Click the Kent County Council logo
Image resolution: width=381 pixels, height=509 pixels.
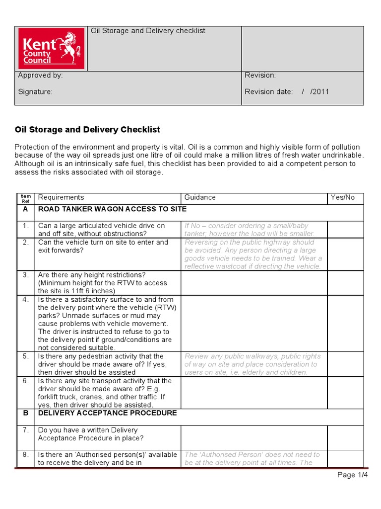coord(52,48)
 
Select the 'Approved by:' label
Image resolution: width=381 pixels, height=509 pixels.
coord(40,76)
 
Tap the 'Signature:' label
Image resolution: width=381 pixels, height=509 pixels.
coord(35,91)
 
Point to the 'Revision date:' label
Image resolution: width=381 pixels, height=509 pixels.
coord(269,91)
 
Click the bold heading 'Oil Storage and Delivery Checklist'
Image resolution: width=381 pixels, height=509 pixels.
coord(88,130)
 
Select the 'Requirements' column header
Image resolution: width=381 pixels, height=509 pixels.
coord(61,197)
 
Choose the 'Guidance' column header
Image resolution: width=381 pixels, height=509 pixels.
coord(200,197)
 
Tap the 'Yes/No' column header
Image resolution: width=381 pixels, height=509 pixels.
coord(343,197)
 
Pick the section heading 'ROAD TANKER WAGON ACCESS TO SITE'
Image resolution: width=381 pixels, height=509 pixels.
coord(112,209)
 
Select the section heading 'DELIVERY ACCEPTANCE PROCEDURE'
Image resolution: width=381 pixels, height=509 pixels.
coord(107,413)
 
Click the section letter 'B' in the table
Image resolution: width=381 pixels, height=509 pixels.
coord(25,413)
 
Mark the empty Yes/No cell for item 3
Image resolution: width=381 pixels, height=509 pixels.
coord(345,283)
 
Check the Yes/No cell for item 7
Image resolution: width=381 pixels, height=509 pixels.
coord(345,437)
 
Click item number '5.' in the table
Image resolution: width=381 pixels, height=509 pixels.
coord(25,356)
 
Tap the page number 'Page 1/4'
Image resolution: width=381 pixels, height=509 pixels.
coord(352,475)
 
